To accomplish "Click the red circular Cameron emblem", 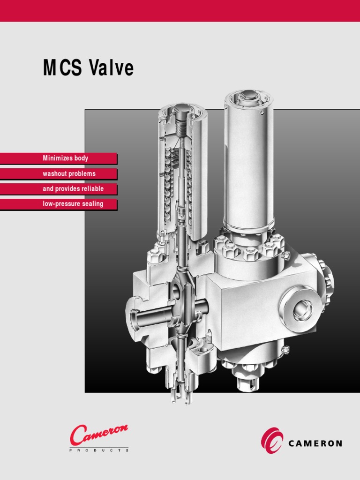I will pos(272,441).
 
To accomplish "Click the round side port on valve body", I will pos(300,310).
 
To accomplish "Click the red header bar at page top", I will pos(180,10).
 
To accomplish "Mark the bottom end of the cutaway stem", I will pos(180,398).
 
